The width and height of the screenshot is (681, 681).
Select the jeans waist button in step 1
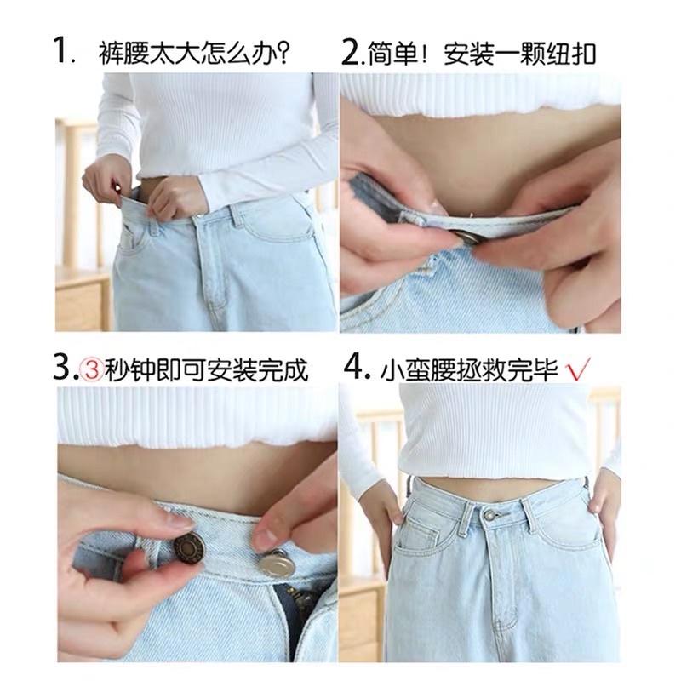(x=197, y=219)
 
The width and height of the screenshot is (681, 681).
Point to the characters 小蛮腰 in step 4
(x=423, y=371)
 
